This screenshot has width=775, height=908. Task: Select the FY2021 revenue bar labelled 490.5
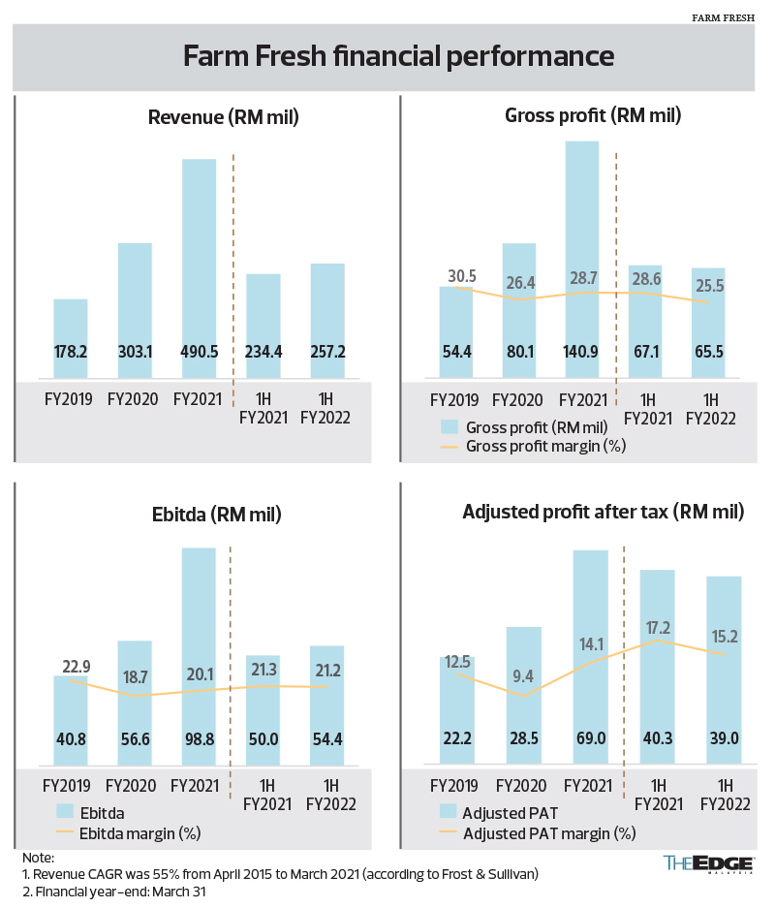[x=199, y=271]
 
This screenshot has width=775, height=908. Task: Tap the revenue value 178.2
[x=71, y=352]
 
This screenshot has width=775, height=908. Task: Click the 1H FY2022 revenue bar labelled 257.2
[x=327, y=320]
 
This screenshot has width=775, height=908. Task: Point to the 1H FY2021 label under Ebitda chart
[x=263, y=795]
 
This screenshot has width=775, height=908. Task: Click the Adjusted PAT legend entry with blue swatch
[x=504, y=812]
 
